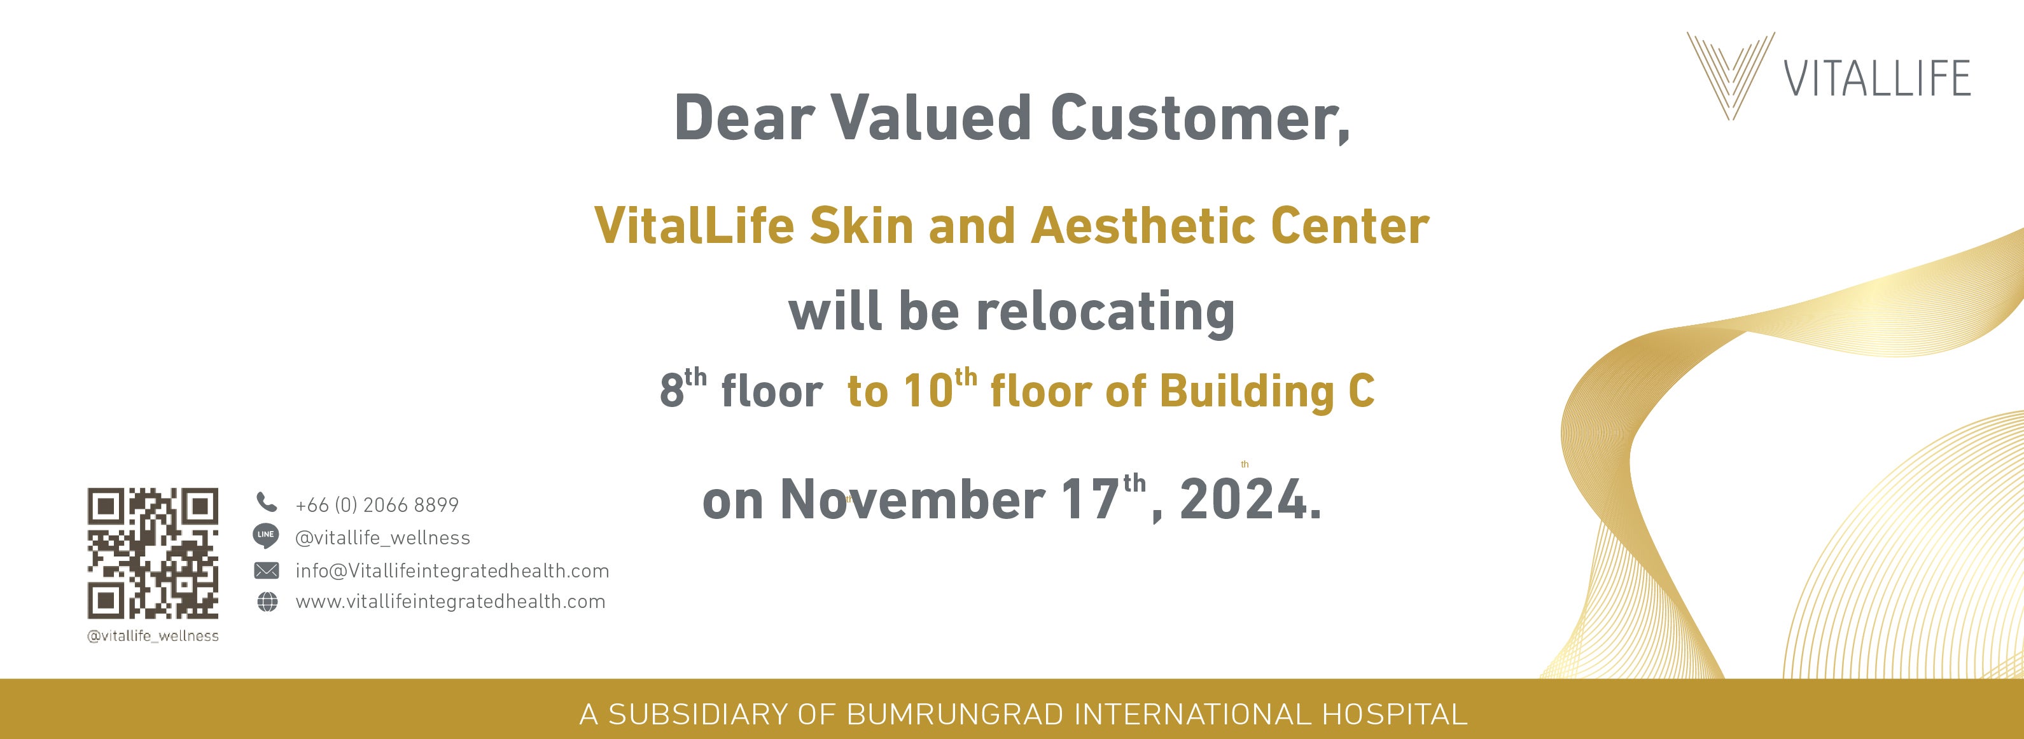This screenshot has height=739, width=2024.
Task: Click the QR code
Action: (153, 553)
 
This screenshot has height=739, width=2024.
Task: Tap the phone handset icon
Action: (267, 502)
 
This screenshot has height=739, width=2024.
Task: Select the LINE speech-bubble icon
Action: (267, 536)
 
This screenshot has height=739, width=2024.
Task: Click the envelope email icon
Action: (267, 570)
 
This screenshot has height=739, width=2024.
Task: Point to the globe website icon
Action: (268, 602)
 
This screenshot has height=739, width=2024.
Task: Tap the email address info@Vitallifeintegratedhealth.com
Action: (452, 571)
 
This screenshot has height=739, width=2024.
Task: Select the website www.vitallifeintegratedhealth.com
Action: (451, 602)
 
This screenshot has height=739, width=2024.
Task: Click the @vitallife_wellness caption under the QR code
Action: (153, 636)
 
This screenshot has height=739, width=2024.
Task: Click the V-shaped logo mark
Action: (1730, 76)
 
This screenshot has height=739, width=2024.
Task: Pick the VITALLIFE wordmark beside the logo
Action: (1877, 78)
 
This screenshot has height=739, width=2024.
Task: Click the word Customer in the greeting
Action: (1200, 118)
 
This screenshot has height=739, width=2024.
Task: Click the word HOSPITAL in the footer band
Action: (1395, 715)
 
